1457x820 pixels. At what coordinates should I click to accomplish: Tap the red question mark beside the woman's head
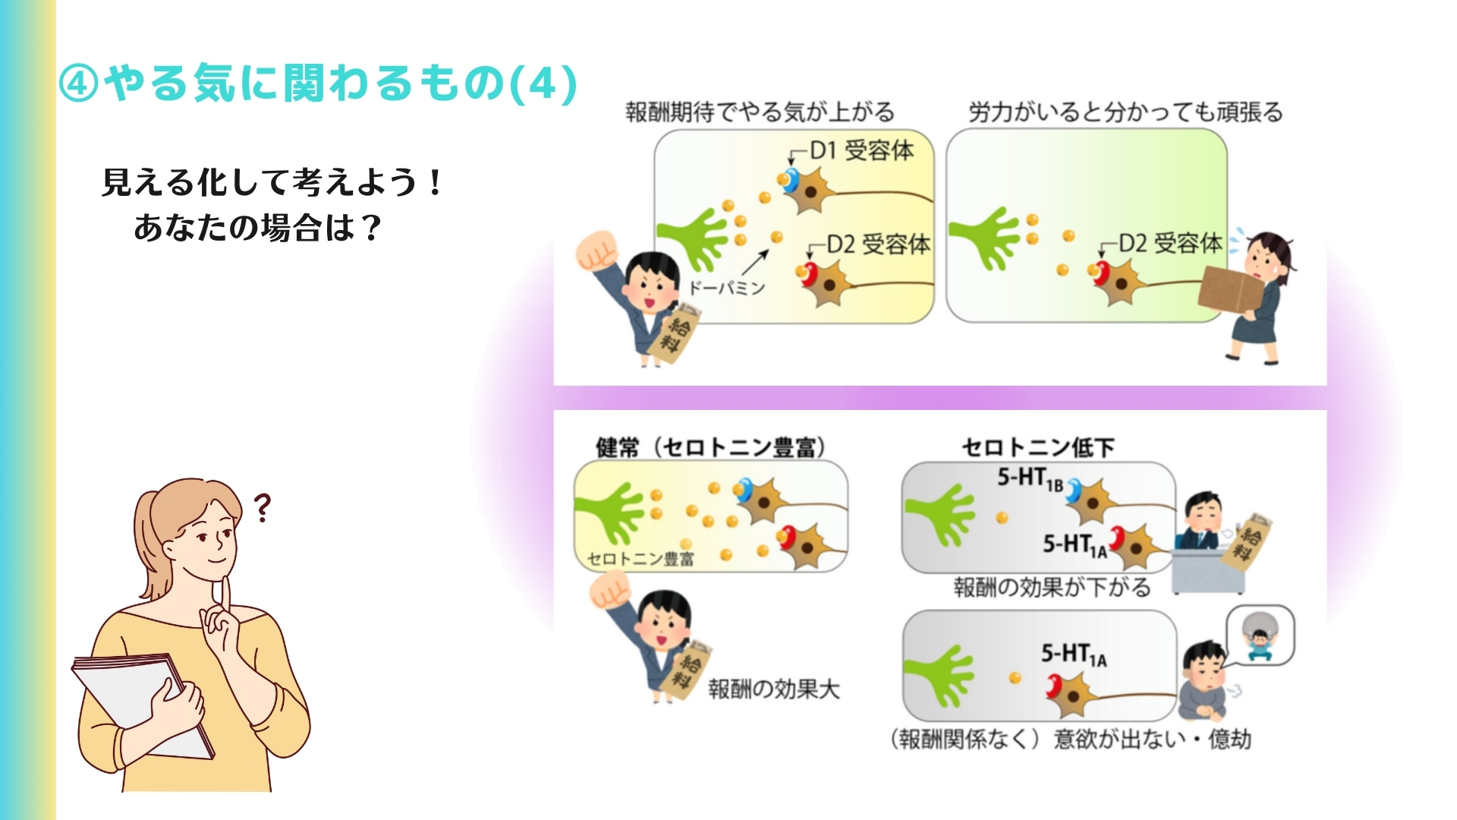pyautogui.click(x=262, y=508)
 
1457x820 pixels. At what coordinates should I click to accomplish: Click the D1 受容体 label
pyautogui.click(x=862, y=150)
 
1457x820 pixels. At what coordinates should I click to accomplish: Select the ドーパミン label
pyautogui.click(x=726, y=288)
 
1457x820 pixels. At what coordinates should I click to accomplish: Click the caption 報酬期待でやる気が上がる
pyautogui.click(x=760, y=112)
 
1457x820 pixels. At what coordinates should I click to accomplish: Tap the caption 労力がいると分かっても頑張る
pyautogui.click(x=1125, y=112)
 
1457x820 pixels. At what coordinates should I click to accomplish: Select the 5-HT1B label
pyautogui.click(x=1030, y=478)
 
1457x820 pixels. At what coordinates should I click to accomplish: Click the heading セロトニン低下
pyautogui.click(x=1038, y=447)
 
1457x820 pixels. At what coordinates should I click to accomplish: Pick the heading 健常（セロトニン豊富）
pyautogui.click(x=711, y=447)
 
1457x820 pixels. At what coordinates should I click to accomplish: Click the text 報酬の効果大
pyautogui.click(x=774, y=689)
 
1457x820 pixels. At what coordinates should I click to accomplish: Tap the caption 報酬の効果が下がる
pyautogui.click(x=1052, y=587)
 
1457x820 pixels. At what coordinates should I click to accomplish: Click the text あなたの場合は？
pyautogui.click(x=258, y=227)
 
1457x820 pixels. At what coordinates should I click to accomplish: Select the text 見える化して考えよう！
pyautogui.click(x=273, y=182)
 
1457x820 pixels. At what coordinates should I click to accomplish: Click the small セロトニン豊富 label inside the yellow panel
pyautogui.click(x=640, y=560)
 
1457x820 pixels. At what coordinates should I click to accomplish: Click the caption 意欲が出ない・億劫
pyautogui.click(x=1152, y=739)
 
